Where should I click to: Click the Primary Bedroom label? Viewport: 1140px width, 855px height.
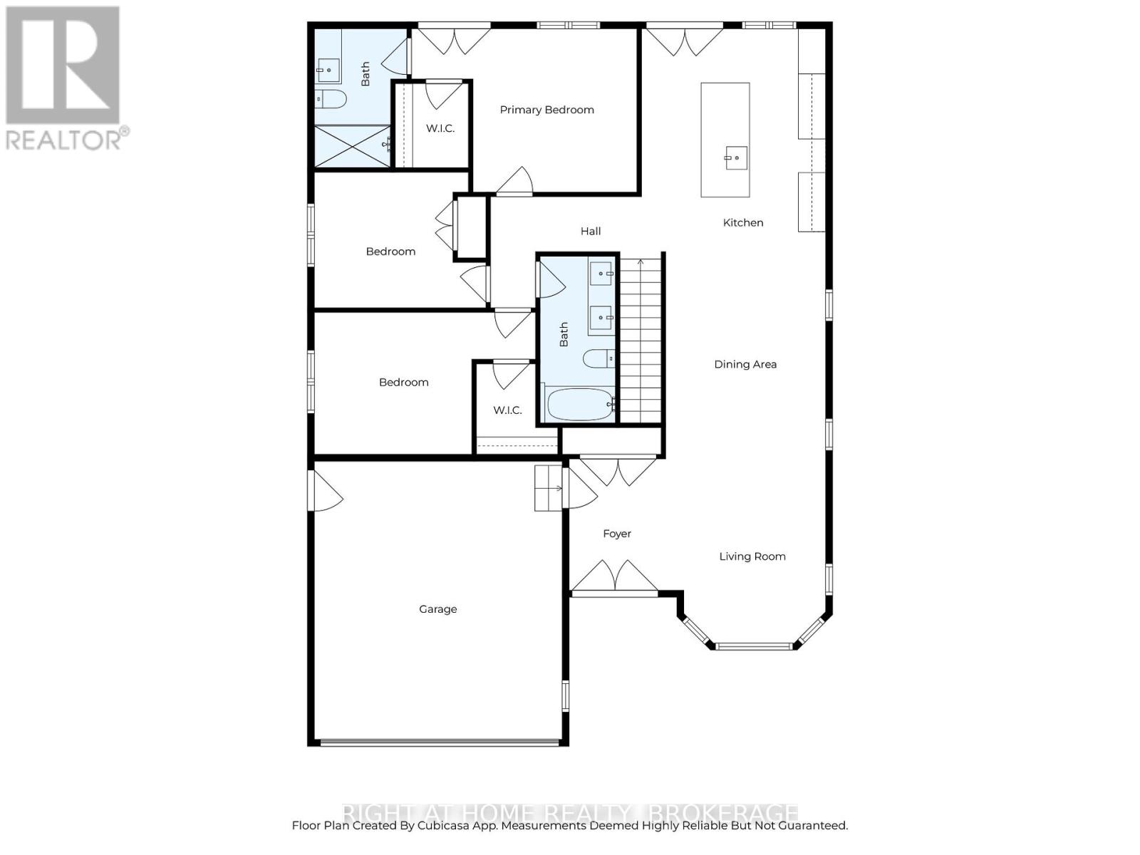546,110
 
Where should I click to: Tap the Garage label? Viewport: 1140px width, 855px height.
437,609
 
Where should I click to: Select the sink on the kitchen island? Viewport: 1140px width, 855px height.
736,157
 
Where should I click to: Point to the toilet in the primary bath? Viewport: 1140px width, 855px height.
331,99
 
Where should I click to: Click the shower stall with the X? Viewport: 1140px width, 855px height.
353,147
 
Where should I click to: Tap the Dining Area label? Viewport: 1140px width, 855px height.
745,364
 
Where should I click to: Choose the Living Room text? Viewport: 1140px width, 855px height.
752,556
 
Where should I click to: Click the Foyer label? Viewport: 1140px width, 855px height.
617,534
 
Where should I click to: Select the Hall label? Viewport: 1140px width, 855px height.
591,231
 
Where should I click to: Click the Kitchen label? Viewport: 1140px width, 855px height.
743,223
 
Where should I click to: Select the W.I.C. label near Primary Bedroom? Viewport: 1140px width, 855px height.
440,128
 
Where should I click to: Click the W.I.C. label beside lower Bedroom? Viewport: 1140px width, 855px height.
507,410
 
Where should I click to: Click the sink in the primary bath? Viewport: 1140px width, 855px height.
328,70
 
